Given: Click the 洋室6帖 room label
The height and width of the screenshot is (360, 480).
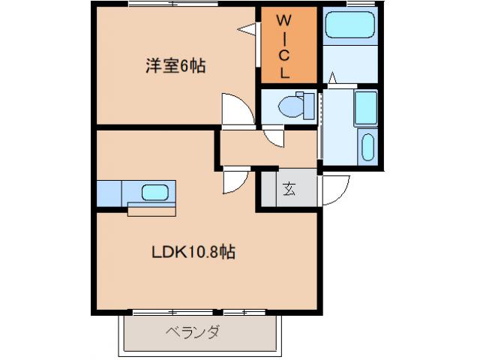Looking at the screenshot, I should pyautogui.click(x=175, y=66).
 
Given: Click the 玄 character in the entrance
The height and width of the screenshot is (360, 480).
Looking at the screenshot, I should pyautogui.click(x=289, y=190).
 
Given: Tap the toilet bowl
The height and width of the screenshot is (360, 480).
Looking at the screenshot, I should pyautogui.click(x=289, y=107).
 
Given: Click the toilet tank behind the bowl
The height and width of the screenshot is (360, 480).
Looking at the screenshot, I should pyautogui.click(x=307, y=105).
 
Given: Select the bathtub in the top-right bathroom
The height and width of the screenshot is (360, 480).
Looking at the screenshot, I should pyautogui.click(x=350, y=27).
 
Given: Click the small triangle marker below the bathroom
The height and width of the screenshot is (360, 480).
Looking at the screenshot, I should pyautogui.click(x=332, y=76).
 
